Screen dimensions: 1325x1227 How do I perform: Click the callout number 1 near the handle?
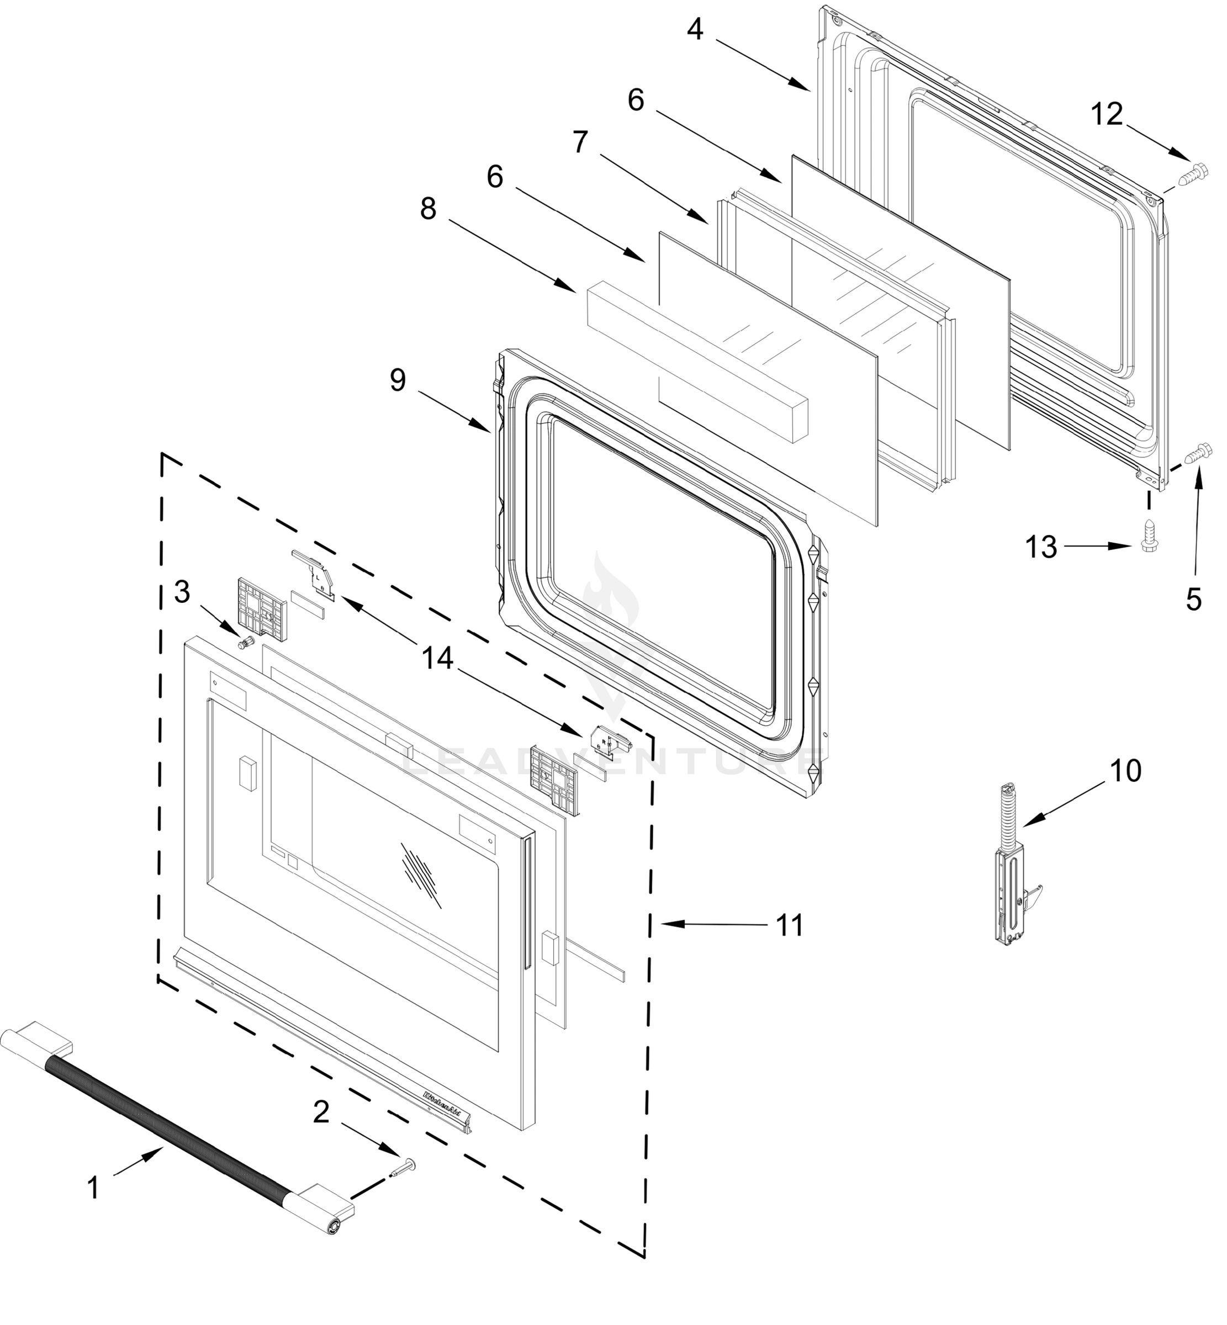pyautogui.click(x=94, y=1188)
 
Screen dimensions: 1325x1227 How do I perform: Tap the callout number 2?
pyautogui.click(x=321, y=1112)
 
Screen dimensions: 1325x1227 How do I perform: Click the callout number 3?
pyautogui.click(x=182, y=591)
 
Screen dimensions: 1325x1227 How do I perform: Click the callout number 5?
pyautogui.click(x=1194, y=600)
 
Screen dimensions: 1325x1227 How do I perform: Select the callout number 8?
pyautogui.click(x=429, y=209)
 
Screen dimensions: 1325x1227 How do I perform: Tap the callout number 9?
pyautogui.click(x=397, y=380)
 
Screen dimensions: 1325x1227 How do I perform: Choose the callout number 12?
pyautogui.click(x=1107, y=115)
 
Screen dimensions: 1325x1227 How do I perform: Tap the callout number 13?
pyautogui.click(x=1041, y=547)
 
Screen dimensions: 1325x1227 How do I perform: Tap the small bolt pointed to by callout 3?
pyautogui.click(x=246, y=642)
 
